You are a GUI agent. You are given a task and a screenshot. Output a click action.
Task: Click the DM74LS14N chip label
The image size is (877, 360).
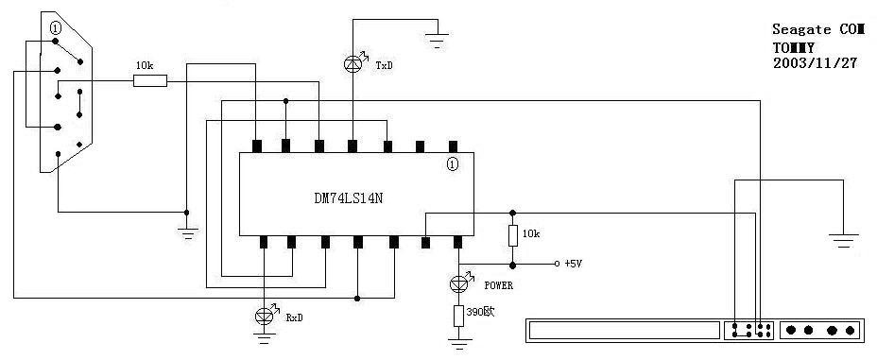pyautogui.click(x=349, y=199)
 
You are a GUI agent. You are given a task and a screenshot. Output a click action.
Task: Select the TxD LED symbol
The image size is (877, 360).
pyautogui.click(x=353, y=64)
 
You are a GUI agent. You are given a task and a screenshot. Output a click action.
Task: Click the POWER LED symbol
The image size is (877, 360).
pyautogui.click(x=459, y=283)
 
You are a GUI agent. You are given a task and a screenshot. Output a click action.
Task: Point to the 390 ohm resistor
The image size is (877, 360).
pyautogui.click(x=458, y=316)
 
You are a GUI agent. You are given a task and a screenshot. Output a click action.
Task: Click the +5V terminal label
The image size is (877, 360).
pyautogui.click(x=574, y=264)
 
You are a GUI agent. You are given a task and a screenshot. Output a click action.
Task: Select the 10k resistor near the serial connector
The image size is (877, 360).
pyautogui.click(x=150, y=81)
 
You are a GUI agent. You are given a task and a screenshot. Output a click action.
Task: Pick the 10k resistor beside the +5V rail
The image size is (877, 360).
pyautogui.click(x=513, y=236)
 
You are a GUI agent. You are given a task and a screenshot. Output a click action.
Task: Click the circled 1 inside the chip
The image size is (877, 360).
pyautogui.click(x=453, y=164)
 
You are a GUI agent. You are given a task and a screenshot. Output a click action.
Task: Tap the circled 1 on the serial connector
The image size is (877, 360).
pyautogui.click(x=55, y=26)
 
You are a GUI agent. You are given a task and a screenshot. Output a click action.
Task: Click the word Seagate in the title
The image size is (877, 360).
pyautogui.click(x=797, y=29)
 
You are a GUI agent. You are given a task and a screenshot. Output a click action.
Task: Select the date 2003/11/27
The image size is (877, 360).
pyautogui.click(x=815, y=62)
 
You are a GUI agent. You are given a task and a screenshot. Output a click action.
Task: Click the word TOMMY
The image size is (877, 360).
pyautogui.click(x=793, y=46)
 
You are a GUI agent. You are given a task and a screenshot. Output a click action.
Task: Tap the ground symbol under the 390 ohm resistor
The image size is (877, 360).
pyautogui.click(x=459, y=343)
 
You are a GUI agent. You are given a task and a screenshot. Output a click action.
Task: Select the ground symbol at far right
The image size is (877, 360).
pyautogui.click(x=844, y=240)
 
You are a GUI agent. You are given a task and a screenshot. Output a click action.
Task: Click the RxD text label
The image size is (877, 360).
pyautogui.click(x=295, y=318)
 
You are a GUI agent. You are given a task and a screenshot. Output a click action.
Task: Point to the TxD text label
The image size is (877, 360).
pyautogui.click(x=384, y=65)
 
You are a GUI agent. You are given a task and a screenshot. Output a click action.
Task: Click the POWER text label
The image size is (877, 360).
pyautogui.click(x=498, y=285)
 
